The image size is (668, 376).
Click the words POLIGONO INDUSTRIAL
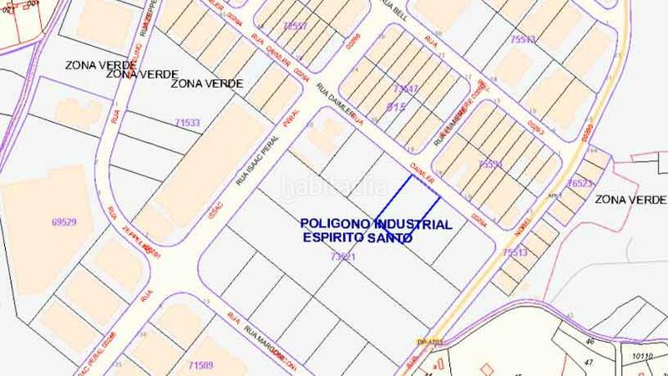tap(376, 224)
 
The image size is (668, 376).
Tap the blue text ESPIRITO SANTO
tap(358, 237)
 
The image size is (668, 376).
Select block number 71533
tap(186, 123)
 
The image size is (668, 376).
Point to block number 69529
tap(63, 222)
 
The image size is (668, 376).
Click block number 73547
tap(405, 88)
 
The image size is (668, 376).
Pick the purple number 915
tap(397, 107)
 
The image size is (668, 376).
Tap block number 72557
tap(295, 26)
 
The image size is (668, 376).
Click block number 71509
tap(200, 364)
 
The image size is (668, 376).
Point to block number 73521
tap(343, 257)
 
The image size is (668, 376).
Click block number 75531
tap(491, 165)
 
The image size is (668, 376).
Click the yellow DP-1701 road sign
tap(428, 341)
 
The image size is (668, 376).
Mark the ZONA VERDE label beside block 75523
tap(630, 200)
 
